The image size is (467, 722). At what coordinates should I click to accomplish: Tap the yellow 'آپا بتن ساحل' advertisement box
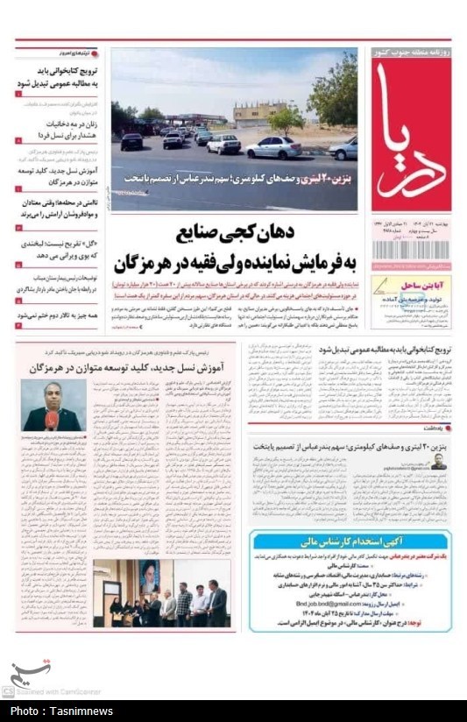pyautogui.click(x=411, y=301)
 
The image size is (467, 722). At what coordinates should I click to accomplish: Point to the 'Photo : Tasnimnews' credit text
pyautogui.click(x=60, y=711)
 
